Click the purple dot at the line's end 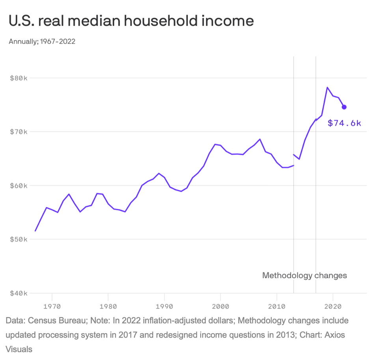click(344, 107)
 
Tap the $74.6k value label click(344, 123)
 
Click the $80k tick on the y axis click(18, 78)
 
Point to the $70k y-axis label click(18, 132)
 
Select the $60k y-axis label click(18, 186)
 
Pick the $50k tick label click(18, 239)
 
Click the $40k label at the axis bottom click(18, 293)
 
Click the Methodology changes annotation click(304, 275)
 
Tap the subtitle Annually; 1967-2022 click(42, 41)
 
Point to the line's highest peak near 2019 click(327, 87)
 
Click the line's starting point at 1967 click(35, 231)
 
